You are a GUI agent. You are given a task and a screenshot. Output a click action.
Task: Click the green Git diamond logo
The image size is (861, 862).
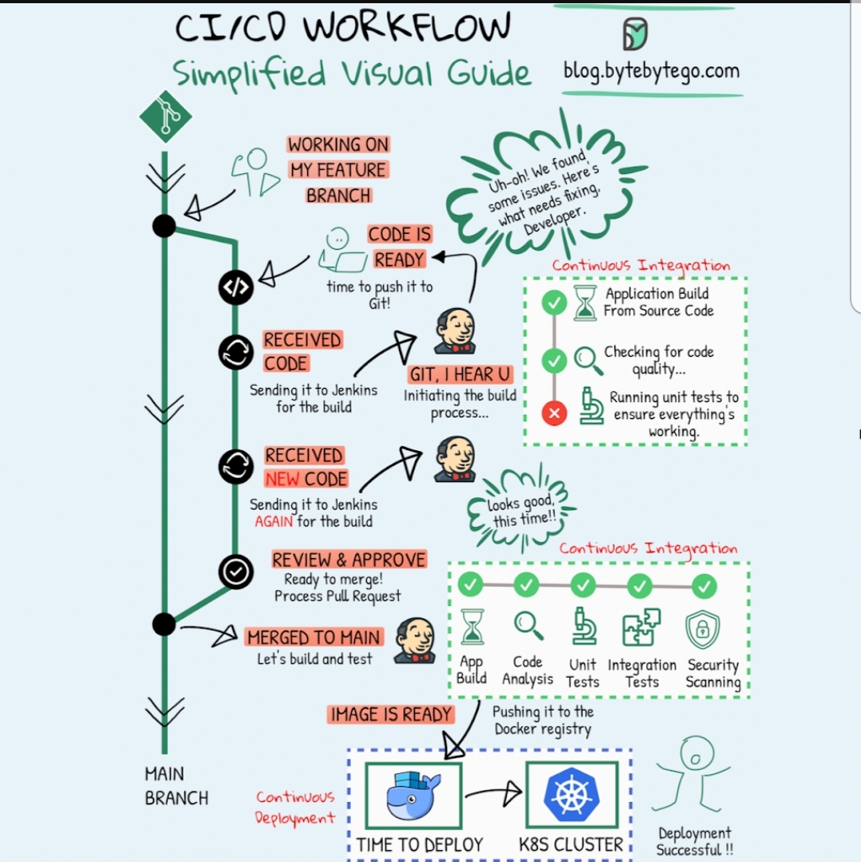(x=166, y=117)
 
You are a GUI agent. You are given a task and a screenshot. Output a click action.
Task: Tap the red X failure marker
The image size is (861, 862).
(x=554, y=413)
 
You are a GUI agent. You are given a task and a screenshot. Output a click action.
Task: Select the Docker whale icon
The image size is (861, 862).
(x=413, y=796)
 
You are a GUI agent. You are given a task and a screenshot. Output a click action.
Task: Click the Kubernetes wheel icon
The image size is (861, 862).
(x=571, y=795)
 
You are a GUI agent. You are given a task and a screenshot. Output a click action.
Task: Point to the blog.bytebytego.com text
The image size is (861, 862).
(x=651, y=70)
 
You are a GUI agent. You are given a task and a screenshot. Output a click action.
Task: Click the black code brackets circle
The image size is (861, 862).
(x=236, y=288)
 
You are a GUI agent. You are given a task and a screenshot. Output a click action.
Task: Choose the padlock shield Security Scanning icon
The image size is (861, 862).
(x=703, y=629)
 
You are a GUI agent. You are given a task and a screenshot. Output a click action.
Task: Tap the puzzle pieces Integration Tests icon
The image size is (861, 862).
(x=641, y=627)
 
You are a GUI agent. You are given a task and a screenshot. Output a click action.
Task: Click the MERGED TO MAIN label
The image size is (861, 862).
(x=314, y=637)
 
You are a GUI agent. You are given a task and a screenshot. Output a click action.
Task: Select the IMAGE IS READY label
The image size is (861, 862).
(x=391, y=714)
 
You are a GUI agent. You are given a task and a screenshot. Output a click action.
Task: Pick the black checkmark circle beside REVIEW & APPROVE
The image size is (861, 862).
(x=236, y=571)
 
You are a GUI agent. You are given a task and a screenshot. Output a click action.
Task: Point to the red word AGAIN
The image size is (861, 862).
(x=274, y=522)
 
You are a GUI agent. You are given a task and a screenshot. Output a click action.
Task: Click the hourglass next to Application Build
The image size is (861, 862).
(x=585, y=303)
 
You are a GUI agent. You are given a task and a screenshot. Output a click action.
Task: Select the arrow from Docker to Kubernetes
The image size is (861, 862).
(x=492, y=793)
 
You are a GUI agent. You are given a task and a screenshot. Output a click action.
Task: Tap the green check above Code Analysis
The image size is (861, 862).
(x=527, y=585)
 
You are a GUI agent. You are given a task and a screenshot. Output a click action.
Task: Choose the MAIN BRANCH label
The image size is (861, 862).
(x=176, y=785)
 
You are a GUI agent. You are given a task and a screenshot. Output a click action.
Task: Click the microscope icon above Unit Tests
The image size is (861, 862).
(x=583, y=627)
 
